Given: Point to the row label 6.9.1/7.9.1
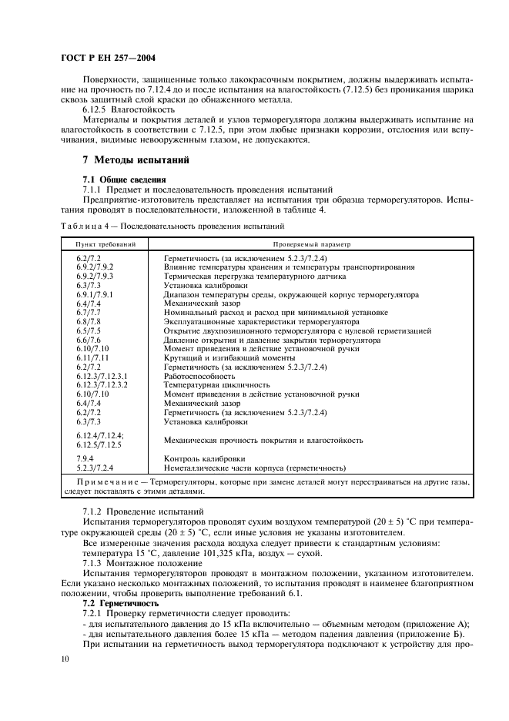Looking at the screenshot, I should [x=95, y=295].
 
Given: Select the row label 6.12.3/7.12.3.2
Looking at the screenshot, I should [x=102, y=384].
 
